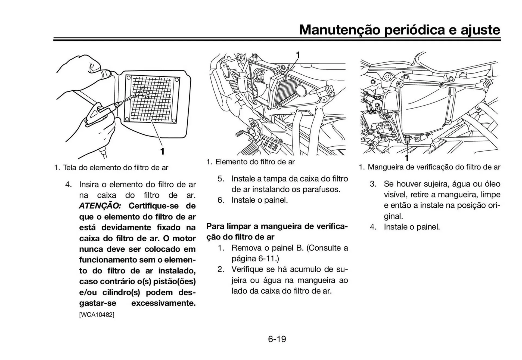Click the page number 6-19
coord(277,339)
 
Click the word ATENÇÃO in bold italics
coord(100,206)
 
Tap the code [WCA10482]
coord(97,315)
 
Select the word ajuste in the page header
coord(480,30)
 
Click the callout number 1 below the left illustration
coord(162,152)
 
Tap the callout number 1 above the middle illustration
coord(298,55)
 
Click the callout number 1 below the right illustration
coord(407,158)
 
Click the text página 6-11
coord(255,259)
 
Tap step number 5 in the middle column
coord(221,179)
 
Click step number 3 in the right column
coord(373,184)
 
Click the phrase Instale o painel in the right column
coord(412,227)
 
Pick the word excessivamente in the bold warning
coord(163,303)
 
